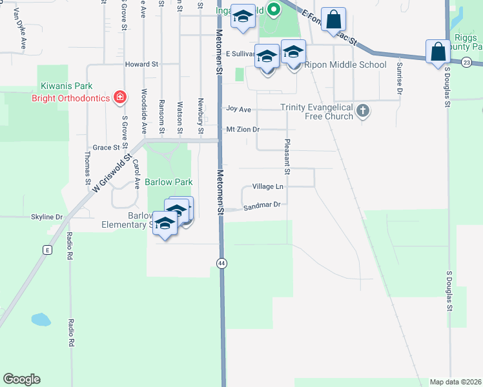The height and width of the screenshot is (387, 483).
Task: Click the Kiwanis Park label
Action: coord(67,86)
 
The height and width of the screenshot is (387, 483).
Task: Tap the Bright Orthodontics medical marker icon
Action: coord(119,98)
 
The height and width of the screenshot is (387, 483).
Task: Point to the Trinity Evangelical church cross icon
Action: coord(363,112)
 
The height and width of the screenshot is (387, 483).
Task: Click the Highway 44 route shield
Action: coord(222,263)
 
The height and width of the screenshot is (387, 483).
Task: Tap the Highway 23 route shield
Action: coord(467,62)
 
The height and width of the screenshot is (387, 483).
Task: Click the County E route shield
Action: coord(47,250)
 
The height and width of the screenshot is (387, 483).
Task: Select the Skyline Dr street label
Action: coord(46,217)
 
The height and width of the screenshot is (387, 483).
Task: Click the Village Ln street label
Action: coord(267,186)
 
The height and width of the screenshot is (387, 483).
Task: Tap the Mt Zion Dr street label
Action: coord(242,130)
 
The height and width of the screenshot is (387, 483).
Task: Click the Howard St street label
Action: coord(141,64)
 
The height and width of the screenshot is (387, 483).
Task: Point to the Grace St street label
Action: coord(103,148)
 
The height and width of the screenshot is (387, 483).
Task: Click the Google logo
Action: coord(21,379)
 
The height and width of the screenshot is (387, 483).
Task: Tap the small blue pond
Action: coord(41,319)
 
